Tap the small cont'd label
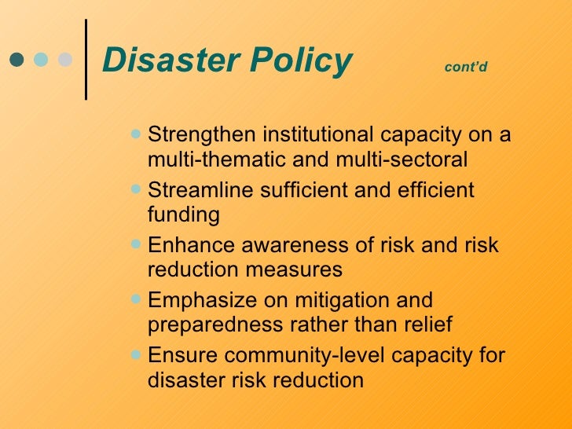[466, 67]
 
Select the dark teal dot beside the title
[17, 60]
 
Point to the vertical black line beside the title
[85, 59]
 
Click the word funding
[183, 214]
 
